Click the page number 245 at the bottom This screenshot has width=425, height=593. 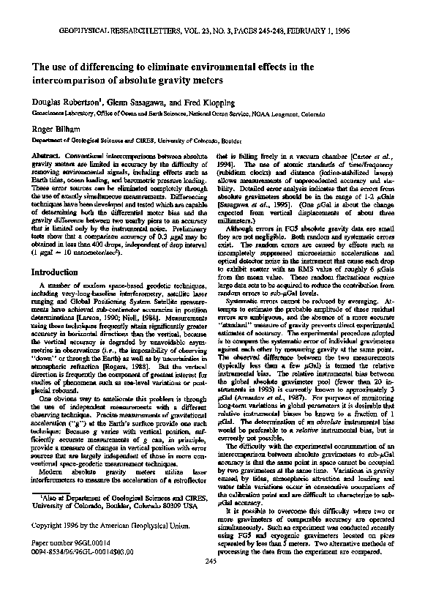tap(212, 581)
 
